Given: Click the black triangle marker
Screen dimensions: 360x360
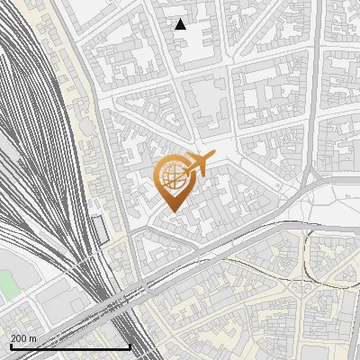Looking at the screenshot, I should [x=181, y=24].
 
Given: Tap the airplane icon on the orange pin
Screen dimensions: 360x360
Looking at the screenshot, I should [x=196, y=165].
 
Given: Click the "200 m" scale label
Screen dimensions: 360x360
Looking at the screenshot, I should [x=23, y=338].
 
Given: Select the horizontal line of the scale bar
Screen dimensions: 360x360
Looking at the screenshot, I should [x=70, y=347].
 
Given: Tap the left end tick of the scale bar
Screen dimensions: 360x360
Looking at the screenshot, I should [x=11, y=346].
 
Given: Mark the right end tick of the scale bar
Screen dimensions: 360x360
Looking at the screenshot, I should [x=130, y=346].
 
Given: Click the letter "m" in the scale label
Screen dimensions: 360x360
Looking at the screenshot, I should [x=33, y=338].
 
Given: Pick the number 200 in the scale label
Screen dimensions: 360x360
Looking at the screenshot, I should [x=19, y=338].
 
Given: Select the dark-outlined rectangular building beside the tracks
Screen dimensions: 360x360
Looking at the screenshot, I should [x=101, y=229].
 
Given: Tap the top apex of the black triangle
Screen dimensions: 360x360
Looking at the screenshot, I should [x=181, y=19].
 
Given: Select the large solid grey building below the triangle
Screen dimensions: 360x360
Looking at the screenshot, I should [x=209, y=108].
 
